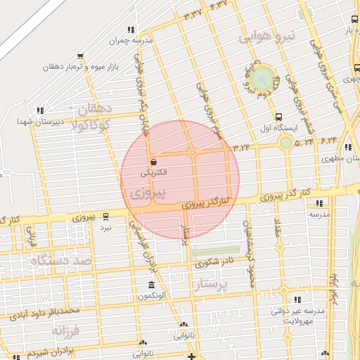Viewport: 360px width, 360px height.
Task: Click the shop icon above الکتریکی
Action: [153, 162]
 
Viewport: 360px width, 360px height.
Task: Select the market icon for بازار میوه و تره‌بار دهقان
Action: [81, 57]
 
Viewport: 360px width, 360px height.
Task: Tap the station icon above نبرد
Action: [105, 216]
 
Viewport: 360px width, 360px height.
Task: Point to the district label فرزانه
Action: [67, 329]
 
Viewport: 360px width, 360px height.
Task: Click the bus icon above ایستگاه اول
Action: [279, 117]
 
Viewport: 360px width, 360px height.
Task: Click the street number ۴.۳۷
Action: [219, 6]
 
